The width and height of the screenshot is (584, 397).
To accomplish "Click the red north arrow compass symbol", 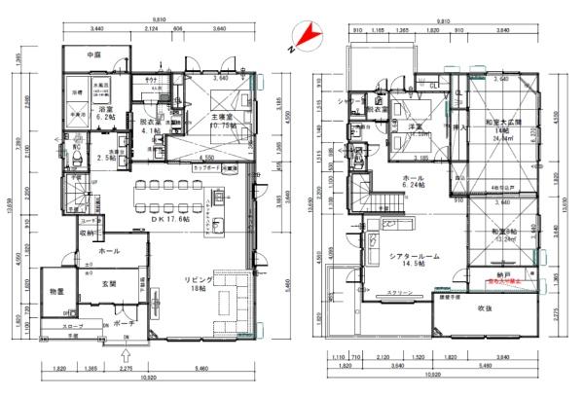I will [306, 36].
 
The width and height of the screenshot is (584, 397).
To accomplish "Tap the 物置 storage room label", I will [57, 293].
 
